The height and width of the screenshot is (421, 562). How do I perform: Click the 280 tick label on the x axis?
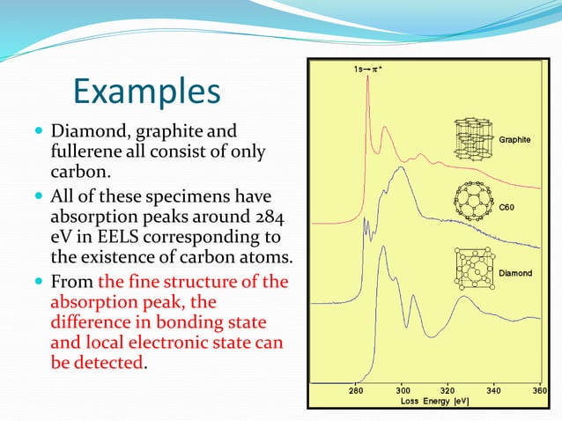point(357,390)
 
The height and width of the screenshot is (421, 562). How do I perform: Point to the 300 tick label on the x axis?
point(403,390)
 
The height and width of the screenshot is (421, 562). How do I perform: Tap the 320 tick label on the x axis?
point(448,390)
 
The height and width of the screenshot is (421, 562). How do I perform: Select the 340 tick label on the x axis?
point(494,390)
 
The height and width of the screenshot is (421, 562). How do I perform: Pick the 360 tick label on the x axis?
point(539,390)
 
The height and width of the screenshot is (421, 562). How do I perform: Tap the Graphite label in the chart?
point(514,140)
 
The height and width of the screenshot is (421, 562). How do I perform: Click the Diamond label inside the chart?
point(515,274)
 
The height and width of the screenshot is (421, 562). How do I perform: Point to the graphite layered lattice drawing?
point(475,137)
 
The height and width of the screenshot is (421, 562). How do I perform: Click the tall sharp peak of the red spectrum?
point(369,84)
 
